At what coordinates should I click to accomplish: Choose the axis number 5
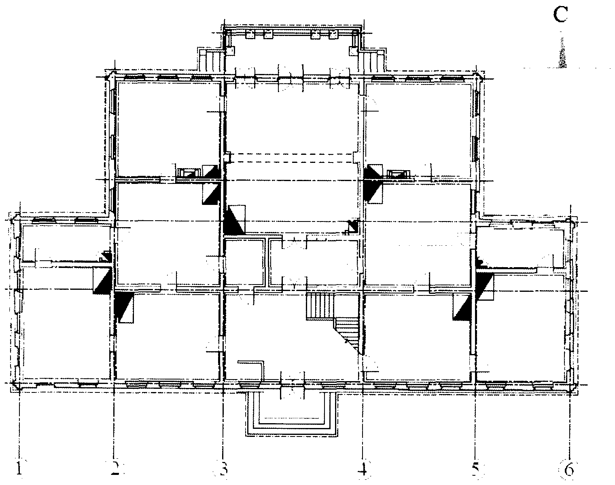475,468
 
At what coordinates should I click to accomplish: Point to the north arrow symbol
562,53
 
